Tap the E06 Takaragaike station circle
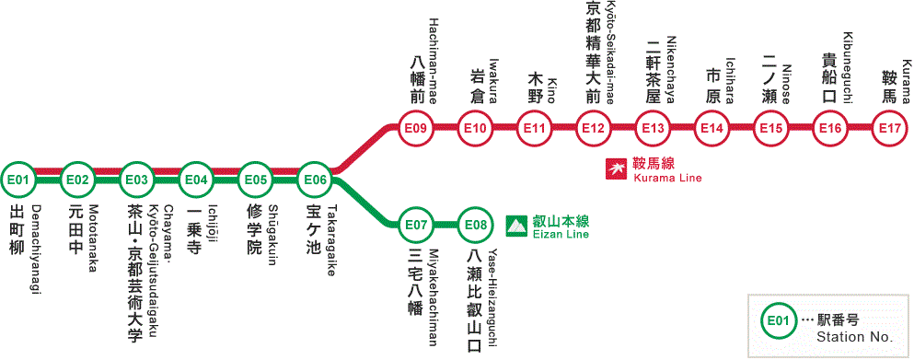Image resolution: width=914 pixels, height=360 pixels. tap(315, 179)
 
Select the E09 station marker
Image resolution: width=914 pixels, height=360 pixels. tap(417, 128)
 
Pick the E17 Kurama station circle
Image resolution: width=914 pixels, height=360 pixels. tap(890, 128)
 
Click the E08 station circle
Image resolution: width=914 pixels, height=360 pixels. tap(476, 224)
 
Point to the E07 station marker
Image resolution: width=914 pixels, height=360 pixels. tap(417, 224)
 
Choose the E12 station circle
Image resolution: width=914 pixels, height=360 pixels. tap(594, 128)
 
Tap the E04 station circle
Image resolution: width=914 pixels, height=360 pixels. tap(196, 179)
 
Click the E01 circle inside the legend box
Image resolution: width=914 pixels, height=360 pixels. tap(779, 321)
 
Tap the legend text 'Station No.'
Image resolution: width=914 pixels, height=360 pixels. tap(855, 337)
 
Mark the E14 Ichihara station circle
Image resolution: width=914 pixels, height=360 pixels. tap(712, 128)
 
